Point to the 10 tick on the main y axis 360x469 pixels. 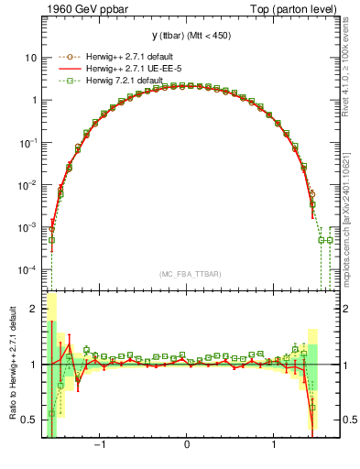(31, 58)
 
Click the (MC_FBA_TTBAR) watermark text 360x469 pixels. (186, 275)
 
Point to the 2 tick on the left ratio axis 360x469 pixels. (34, 309)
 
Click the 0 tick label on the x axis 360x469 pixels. (187, 448)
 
